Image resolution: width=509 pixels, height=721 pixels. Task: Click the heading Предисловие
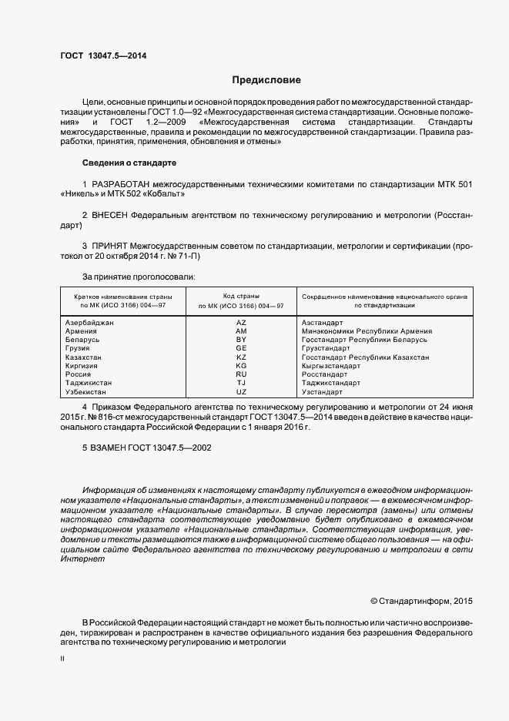[x=266, y=80]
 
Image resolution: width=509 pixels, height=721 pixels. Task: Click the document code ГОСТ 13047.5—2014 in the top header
[x=103, y=56]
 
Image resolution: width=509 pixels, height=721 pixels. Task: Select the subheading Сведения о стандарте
[x=129, y=163]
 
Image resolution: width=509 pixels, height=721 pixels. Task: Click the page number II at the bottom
[x=62, y=659]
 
